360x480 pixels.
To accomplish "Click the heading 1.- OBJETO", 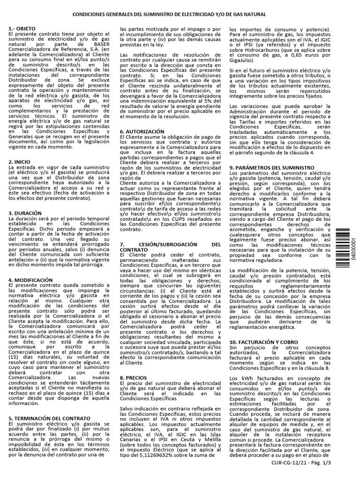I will pyautogui.click(x=22, y=29).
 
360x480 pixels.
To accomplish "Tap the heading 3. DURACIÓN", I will pyautogui.click(x=25, y=213).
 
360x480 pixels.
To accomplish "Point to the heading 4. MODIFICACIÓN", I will pyautogui.click(x=30, y=280).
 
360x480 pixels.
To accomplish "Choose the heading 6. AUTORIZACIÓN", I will pyautogui.click(x=142, y=132).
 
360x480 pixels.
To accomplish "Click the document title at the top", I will pyautogui.click(x=180, y=15).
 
